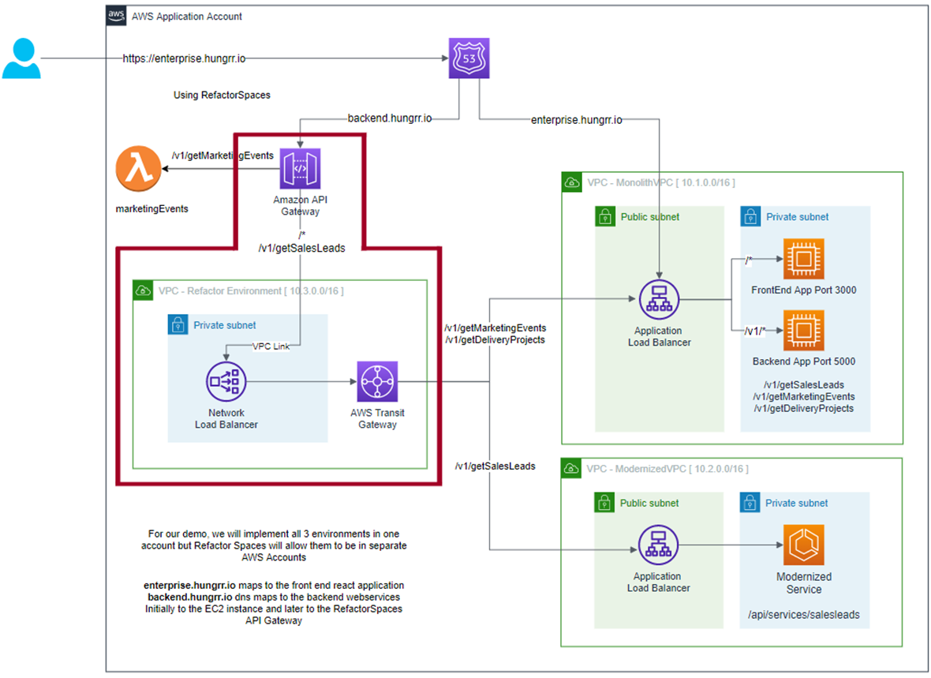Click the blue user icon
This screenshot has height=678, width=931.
[x=21, y=59]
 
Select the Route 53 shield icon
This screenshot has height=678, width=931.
[x=469, y=58]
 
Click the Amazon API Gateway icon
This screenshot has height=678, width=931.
[x=301, y=169]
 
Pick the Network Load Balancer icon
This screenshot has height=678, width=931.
[x=226, y=382]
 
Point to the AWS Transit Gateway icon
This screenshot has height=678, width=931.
[x=377, y=382]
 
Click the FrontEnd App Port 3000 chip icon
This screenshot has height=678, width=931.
[x=803, y=258]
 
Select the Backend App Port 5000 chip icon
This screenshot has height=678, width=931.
[x=803, y=330]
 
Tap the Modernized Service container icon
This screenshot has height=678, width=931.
[x=803, y=544]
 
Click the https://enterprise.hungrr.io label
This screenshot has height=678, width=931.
[x=189, y=58]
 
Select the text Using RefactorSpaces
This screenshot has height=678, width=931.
[x=222, y=95]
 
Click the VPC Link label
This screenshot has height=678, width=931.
[x=270, y=346]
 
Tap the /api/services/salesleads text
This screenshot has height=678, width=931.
[x=803, y=614]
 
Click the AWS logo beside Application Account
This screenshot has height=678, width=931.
[x=116, y=16]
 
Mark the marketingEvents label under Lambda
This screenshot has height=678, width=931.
[x=152, y=209]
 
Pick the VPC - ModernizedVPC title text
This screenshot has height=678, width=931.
[x=667, y=469]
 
